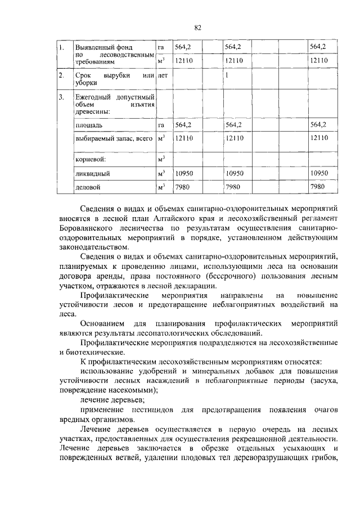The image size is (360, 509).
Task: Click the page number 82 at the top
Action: coord(197,28)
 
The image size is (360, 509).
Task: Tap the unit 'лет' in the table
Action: coord(163,75)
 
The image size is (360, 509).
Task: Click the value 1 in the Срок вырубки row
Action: coord(226,75)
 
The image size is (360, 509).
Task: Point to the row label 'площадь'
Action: coord(88,124)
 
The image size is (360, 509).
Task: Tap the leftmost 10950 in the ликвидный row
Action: coord(185,174)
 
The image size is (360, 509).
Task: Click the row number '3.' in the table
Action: coord(62,98)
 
